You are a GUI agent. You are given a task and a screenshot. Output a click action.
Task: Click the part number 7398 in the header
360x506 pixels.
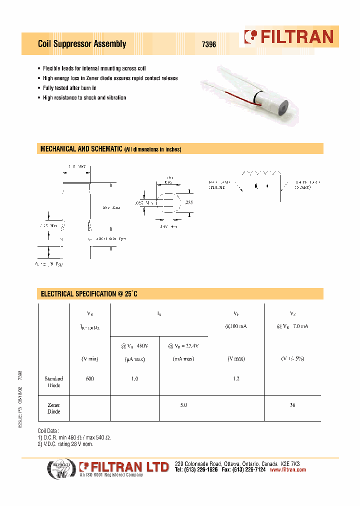(208, 44)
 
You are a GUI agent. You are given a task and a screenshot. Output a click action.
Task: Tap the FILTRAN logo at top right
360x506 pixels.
(289, 36)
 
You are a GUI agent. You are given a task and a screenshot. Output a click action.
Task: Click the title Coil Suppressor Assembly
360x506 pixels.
(82, 44)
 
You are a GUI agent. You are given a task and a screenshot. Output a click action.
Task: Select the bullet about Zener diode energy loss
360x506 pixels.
(110, 78)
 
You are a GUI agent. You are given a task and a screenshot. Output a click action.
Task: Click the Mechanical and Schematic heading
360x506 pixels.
(110, 149)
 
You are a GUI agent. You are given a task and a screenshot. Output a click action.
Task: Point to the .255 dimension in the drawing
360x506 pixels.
(188, 202)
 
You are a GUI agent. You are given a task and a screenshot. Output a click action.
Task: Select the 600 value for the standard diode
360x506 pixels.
(89, 379)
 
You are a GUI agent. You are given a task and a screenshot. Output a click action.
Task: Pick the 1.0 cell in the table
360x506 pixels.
(134, 379)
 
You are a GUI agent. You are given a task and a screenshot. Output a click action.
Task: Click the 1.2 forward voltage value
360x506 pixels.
(236, 379)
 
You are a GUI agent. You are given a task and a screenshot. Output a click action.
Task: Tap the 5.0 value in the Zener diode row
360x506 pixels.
(183, 405)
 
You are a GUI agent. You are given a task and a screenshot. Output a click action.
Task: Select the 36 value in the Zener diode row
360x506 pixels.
(292, 405)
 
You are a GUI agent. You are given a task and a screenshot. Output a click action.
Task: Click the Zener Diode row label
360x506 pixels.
(54, 408)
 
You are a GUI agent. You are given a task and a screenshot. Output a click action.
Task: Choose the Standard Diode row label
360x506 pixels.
(53, 382)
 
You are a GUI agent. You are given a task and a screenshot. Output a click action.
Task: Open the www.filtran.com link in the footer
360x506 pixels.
(287, 470)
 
